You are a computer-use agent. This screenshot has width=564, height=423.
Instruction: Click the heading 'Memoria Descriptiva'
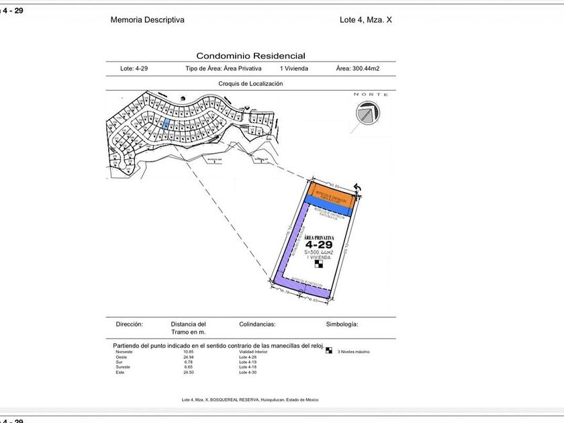[147, 20]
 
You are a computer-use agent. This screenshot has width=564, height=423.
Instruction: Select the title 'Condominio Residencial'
[250, 56]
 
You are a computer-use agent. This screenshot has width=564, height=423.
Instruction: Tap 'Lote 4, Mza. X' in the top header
[366, 20]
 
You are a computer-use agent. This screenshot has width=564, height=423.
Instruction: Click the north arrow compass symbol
[365, 115]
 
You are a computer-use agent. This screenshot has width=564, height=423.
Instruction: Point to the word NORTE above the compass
[371, 95]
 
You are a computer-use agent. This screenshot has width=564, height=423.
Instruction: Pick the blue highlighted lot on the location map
[166, 124]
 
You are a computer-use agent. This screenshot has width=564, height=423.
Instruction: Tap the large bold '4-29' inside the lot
[318, 245]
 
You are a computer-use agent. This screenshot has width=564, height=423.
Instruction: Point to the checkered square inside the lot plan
[319, 263]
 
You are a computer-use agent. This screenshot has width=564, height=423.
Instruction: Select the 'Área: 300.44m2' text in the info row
[357, 68]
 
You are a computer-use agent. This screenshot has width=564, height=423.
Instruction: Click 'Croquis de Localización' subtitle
[250, 84]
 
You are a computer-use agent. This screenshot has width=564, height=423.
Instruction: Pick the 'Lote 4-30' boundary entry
[248, 372]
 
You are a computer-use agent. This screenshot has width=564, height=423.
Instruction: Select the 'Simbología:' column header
[342, 324]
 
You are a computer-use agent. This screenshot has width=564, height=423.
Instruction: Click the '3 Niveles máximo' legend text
[353, 352]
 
